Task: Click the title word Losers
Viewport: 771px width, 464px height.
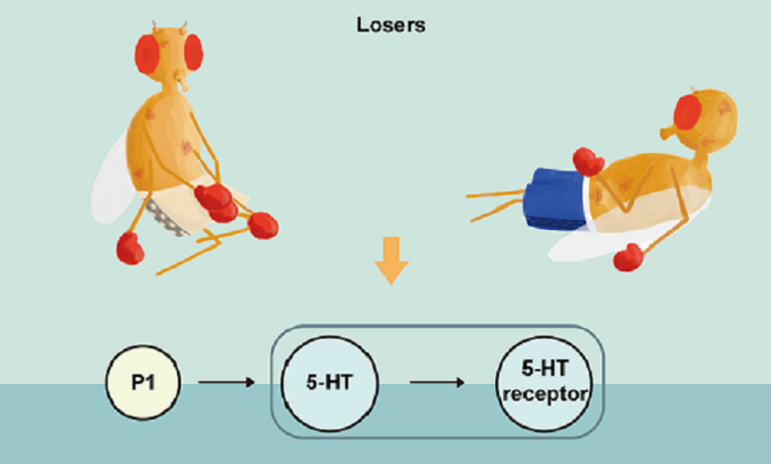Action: click(390, 25)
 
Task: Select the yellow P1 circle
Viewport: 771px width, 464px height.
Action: click(142, 381)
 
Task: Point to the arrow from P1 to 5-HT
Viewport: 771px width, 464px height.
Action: click(227, 381)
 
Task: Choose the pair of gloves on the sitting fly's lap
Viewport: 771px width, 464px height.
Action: click(217, 199)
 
